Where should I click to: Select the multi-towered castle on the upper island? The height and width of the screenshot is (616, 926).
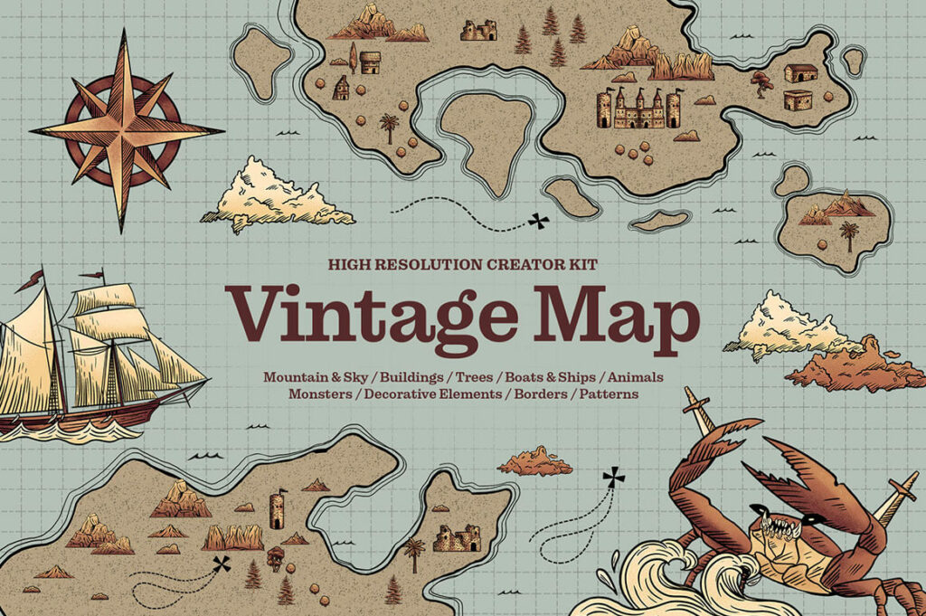tap(638, 109)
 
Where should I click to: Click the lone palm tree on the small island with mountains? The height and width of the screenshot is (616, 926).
tap(849, 236)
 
